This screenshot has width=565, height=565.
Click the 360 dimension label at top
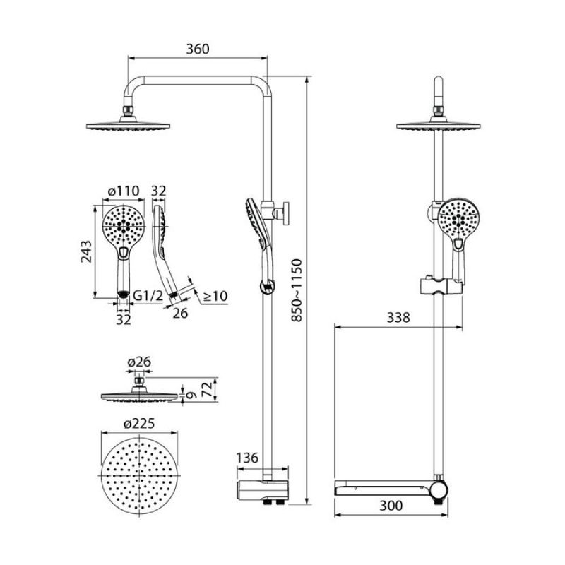198,49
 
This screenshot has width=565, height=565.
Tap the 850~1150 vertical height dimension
298,292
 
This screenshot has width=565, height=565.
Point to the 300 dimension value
390,506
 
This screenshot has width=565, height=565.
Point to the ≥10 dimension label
215,297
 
